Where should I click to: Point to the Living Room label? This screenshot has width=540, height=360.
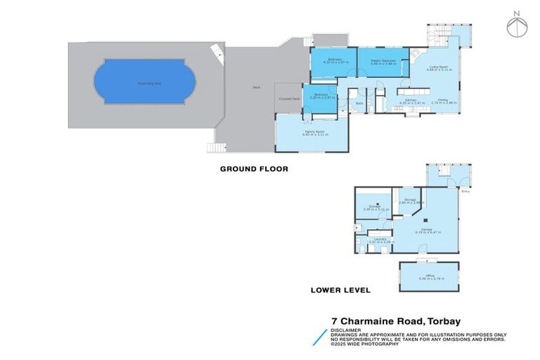click(x=439, y=67)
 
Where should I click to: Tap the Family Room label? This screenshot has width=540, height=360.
click(x=314, y=132)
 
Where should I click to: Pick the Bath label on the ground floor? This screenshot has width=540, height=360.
click(x=359, y=103)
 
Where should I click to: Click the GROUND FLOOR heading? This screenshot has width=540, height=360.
click(x=254, y=169)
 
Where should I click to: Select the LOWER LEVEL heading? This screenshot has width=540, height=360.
click(x=340, y=290)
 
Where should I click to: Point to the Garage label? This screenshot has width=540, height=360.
click(x=426, y=229)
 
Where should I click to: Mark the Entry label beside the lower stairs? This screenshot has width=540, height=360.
click(x=465, y=191)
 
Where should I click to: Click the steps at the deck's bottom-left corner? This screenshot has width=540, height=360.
click(x=214, y=148)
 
